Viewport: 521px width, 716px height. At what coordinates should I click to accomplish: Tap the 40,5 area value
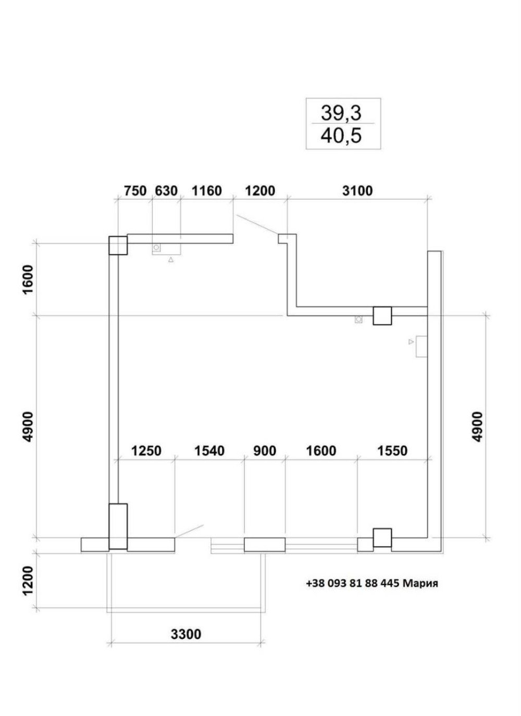tap(341, 136)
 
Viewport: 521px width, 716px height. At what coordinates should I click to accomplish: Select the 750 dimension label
tap(135, 191)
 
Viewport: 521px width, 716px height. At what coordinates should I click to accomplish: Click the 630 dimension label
tap(166, 191)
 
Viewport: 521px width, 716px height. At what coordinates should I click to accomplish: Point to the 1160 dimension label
tap(206, 191)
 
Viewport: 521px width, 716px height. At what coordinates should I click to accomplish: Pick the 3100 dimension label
tap(357, 191)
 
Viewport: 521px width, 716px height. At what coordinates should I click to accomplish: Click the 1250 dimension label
tap(146, 451)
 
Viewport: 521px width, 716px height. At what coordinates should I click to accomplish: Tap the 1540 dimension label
tap(209, 451)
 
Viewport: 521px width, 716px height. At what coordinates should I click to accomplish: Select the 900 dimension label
tap(265, 451)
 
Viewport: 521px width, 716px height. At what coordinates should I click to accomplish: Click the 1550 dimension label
tap(392, 451)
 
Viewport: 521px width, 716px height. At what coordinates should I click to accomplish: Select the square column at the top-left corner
tap(118, 246)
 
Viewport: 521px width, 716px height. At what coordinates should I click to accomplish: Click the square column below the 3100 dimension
tap(382, 315)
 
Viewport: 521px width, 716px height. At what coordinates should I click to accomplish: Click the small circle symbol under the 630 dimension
tap(156, 247)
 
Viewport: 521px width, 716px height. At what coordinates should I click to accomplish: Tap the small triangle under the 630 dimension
tap(171, 260)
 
